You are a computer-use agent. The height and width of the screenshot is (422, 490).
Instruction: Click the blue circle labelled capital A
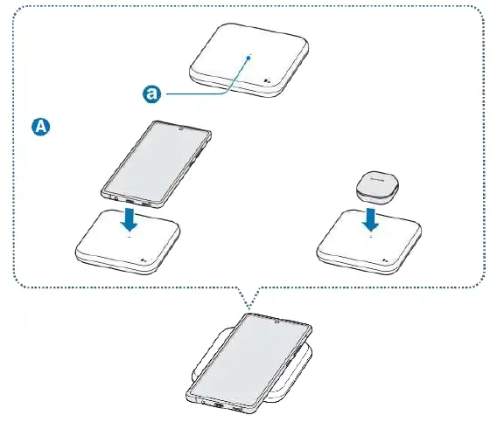(40, 128)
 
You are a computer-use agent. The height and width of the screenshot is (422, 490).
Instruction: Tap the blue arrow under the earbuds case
(370, 215)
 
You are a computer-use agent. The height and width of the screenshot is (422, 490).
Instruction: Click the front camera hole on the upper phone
(182, 131)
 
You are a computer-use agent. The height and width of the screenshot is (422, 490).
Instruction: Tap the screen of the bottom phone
(248, 355)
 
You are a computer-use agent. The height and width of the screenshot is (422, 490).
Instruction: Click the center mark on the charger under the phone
(129, 235)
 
